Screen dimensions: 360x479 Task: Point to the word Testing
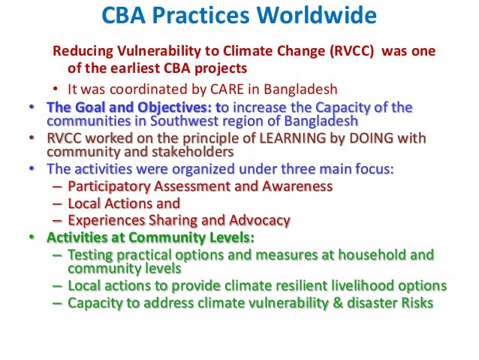coord(90,255)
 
